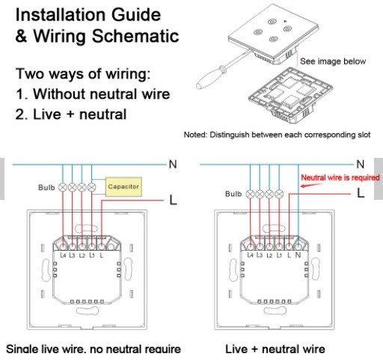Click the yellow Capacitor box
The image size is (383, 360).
(x=123, y=186)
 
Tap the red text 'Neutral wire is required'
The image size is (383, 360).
(x=340, y=177)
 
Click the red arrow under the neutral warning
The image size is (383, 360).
(x=310, y=186)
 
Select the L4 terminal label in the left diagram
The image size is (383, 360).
(x=63, y=255)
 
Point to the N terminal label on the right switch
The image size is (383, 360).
(x=298, y=255)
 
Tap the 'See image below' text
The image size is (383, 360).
(x=333, y=61)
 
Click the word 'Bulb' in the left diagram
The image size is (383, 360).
(x=46, y=187)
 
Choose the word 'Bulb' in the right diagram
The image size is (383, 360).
(x=233, y=194)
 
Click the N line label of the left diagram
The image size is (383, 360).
(x=173, y=165)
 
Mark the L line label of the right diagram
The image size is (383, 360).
(x=361, y=193)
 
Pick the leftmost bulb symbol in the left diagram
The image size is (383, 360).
(x=62, y=187)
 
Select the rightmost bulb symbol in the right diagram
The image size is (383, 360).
(x=279, y=194)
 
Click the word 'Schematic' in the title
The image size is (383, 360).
(x=135, y=36)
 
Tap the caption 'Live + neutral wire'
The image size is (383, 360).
(x=275, y=349)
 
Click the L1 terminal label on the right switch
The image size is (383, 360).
(x=279, y=255)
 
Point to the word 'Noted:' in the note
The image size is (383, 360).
(x=195, y=135)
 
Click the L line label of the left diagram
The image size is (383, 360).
(x=173, y=200)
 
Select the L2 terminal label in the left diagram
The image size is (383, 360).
(x=82, y=255)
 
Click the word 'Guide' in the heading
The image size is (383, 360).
(x=136, y=15)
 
